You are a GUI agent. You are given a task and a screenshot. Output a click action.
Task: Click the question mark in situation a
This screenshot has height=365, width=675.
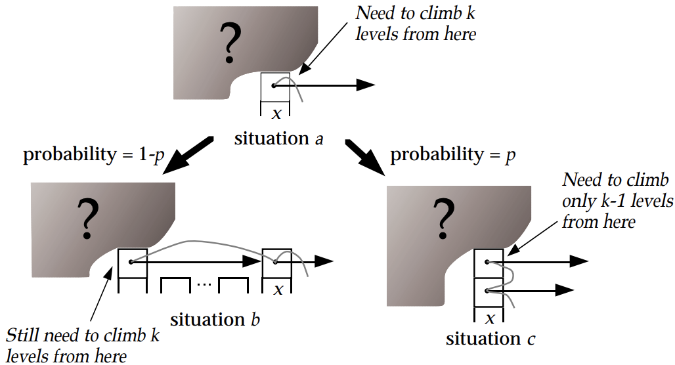click(229, 42)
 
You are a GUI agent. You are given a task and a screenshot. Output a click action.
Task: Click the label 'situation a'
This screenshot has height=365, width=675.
click(279, 139)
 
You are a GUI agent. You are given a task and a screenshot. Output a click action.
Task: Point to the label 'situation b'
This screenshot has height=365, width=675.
click(215, 320)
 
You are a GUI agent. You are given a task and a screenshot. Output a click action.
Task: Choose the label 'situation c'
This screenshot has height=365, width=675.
click(492, 339)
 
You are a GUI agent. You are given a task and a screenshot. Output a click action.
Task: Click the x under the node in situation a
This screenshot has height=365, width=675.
click(276, 114)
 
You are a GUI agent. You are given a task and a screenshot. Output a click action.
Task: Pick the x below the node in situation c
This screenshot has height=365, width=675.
click(489, 318)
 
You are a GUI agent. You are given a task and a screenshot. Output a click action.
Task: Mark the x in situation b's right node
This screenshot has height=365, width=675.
click(279, 289)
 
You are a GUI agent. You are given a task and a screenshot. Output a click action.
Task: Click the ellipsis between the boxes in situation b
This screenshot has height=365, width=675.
click(204, 285)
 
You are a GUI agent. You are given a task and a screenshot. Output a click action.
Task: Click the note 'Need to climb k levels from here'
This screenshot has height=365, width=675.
click(414, 24)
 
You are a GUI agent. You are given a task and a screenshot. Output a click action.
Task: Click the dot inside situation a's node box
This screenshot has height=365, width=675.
click(274, 85)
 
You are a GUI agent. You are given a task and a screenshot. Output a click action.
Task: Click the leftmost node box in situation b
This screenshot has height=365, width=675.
click(132, 263)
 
